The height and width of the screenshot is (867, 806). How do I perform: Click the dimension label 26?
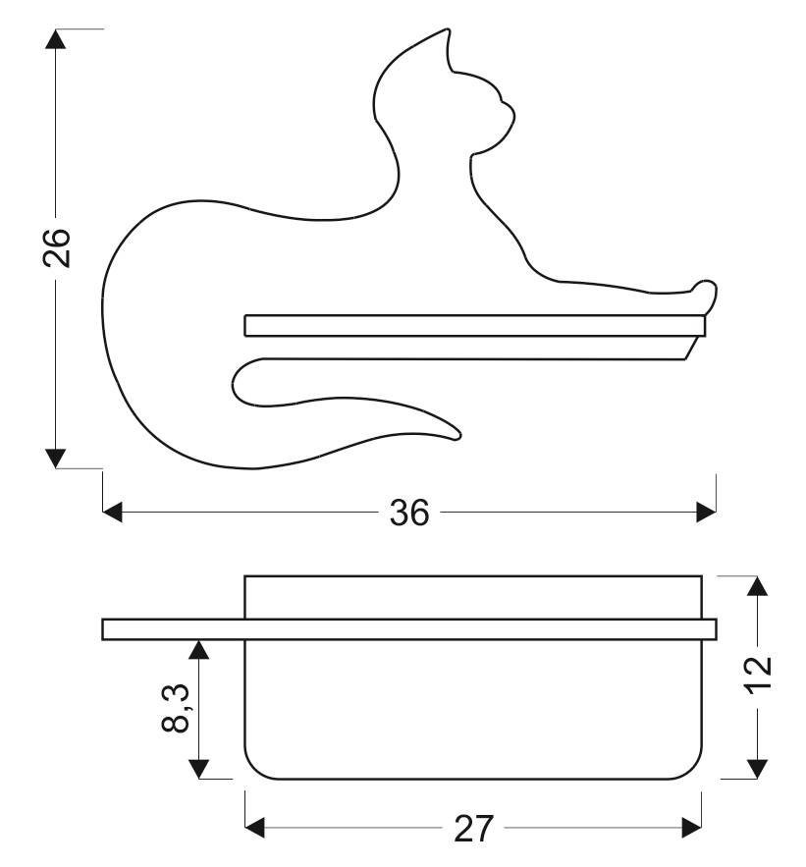point(56,247)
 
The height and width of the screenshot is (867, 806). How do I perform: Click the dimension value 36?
point(409,513)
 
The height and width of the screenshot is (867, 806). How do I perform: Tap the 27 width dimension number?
point(474,829)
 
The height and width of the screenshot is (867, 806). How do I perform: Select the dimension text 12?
point(760,672)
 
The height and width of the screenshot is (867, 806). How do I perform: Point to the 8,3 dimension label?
point(176,708)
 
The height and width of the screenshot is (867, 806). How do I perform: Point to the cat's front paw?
point(704,292)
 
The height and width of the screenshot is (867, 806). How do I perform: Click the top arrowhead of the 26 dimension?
point(55,38)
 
